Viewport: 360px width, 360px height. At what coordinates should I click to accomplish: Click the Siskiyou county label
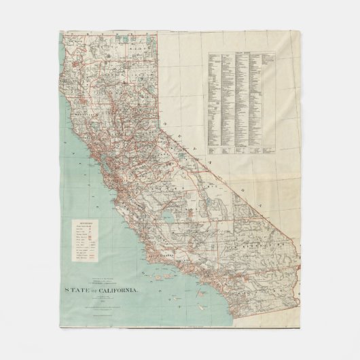point(102,42)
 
